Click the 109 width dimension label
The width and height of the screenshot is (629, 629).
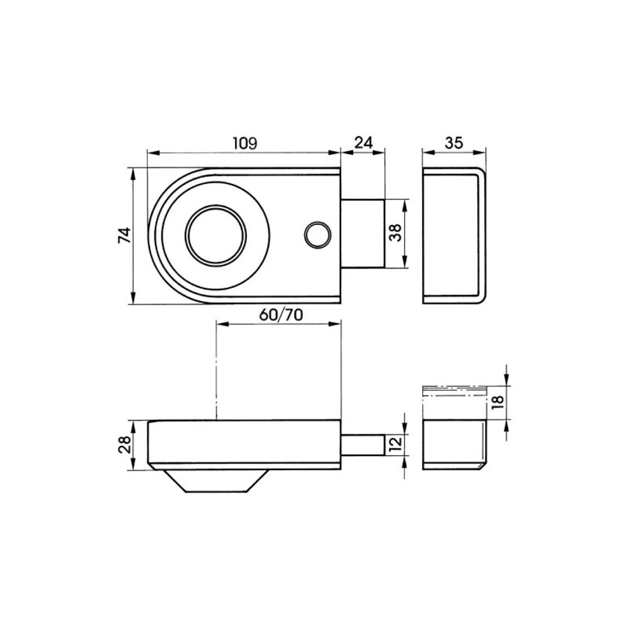coord(245,143)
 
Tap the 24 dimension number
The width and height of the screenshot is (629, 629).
coord(363,142)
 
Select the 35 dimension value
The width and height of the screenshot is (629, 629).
coord(454,142)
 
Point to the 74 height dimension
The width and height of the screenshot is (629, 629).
coord(124,235)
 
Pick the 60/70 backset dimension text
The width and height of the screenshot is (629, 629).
coord(281,315)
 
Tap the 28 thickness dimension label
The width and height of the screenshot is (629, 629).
coord(124,445)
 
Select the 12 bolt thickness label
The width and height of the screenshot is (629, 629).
coord(396,445)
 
